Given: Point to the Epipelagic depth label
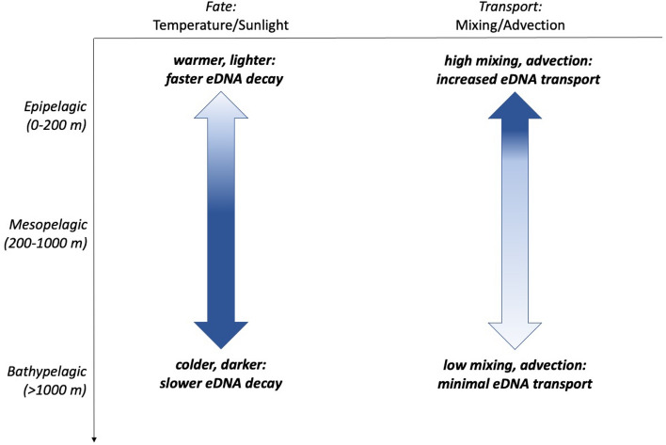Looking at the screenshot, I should [54, 104].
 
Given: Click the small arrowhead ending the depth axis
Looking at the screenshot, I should [94, 437].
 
